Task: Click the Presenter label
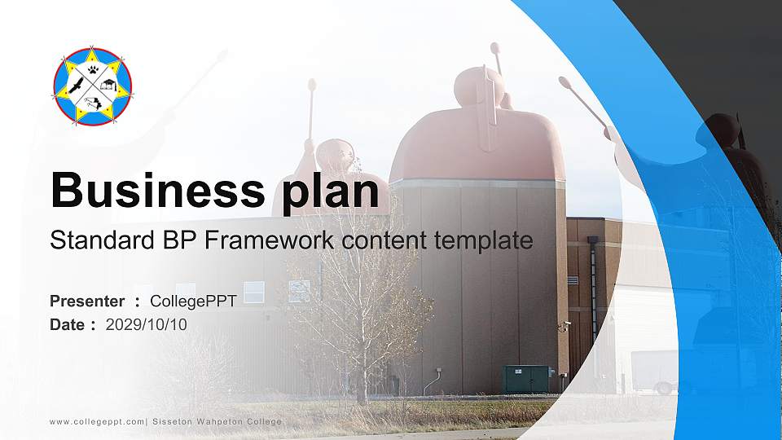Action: pos(87,301)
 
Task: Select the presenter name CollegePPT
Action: pos(193,301)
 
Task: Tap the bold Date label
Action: pos(68,324)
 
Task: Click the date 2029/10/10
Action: pos(147,324)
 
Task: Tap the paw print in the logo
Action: pos(94,71)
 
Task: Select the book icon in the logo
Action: pos(109,85)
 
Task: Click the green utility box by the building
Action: pos(527,379)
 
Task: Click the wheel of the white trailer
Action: pos(664,389)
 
